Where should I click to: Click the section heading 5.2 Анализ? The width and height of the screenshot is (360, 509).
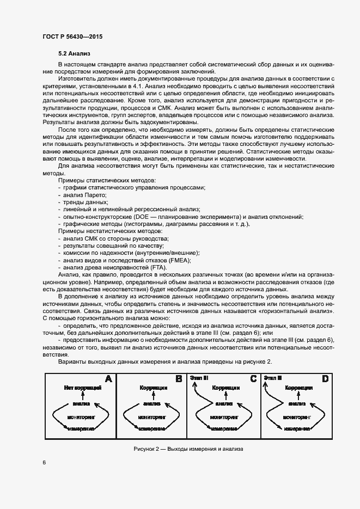point(74,54)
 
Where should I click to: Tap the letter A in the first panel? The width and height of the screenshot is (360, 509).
point(107,379)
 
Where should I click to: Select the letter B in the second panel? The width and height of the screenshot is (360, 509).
point(179,379)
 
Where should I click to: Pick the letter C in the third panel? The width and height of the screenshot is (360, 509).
point(253,379)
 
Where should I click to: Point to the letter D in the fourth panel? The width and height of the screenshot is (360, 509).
point(325,379)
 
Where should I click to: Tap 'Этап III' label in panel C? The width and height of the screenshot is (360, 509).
point(199,377)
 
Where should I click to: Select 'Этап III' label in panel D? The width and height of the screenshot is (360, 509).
point(272,377)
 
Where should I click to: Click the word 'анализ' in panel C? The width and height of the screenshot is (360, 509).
point(224,404)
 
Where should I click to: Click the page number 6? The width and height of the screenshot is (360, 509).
point(44,462)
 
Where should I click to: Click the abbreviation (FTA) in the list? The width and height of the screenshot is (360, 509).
point(159,267)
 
